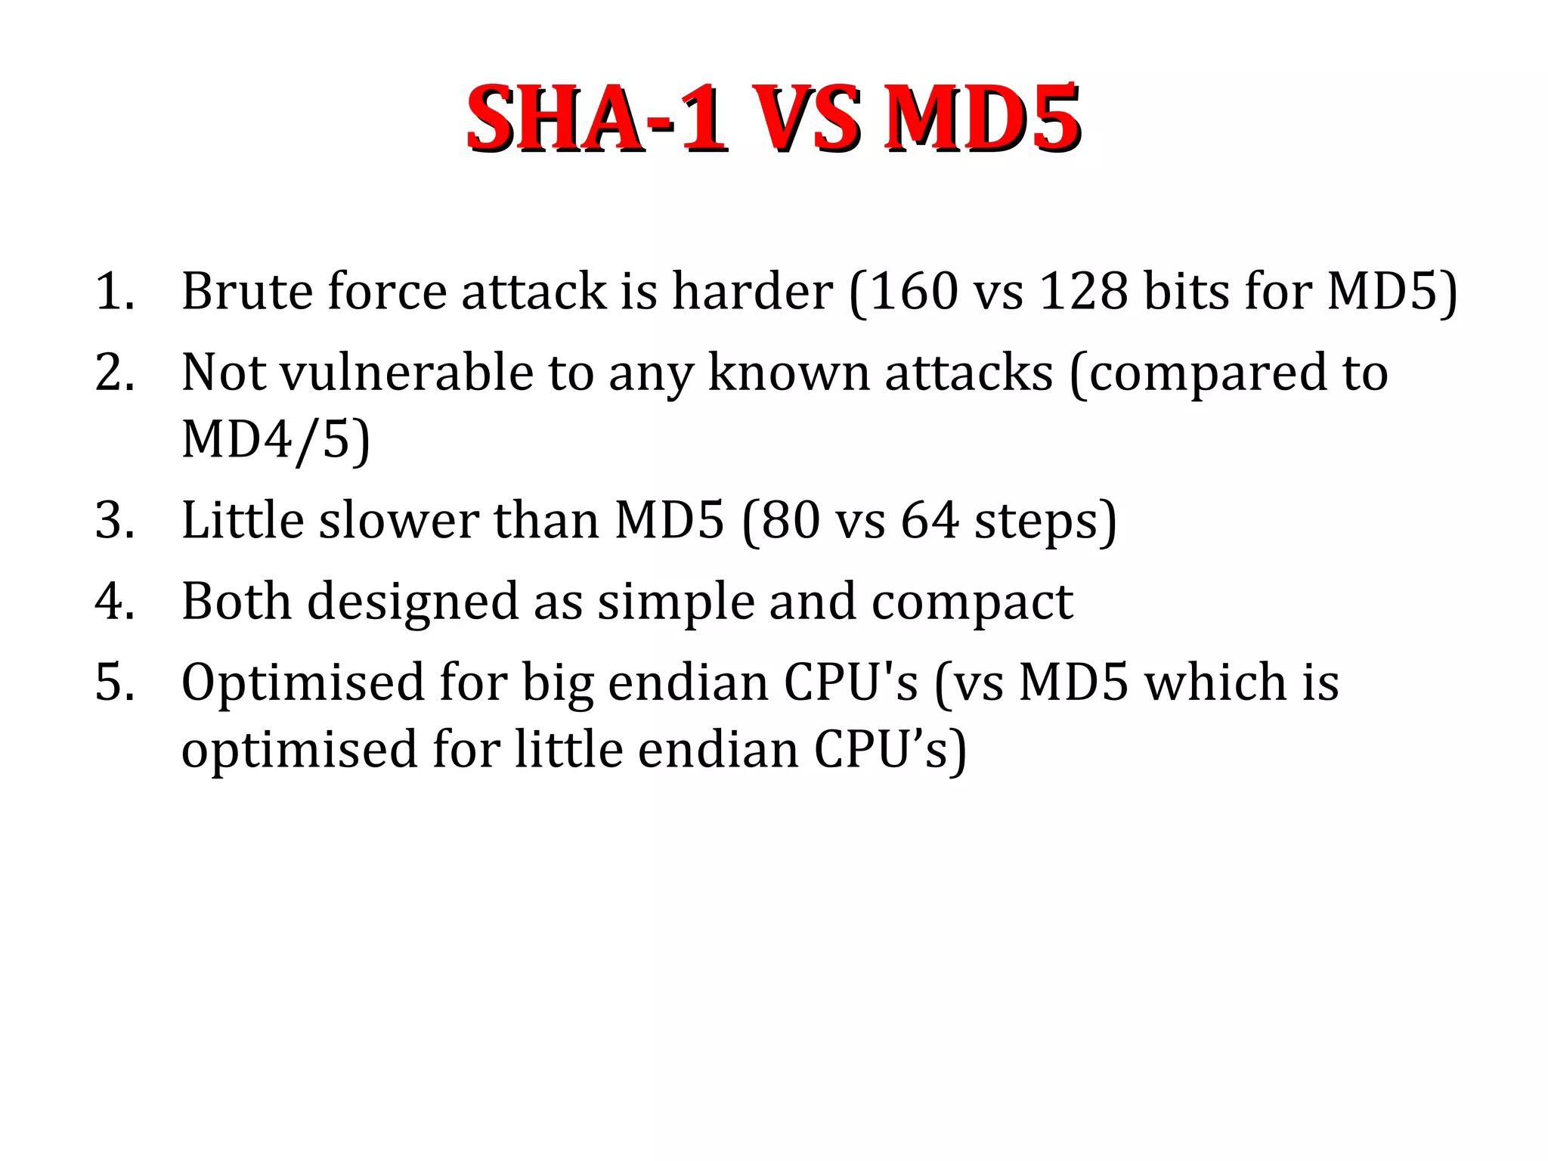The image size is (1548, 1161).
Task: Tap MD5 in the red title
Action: click(984, 119)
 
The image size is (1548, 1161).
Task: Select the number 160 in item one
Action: click(913, 291)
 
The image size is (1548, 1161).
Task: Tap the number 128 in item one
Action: click(1084, 291)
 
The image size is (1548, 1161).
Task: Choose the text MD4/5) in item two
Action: click(276, 439)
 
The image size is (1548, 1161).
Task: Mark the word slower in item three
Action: click(398, 521)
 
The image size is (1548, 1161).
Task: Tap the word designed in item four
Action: click(413, 602)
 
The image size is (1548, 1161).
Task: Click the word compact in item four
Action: click(972, 602)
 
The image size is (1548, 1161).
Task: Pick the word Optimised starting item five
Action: click(303, 683)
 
